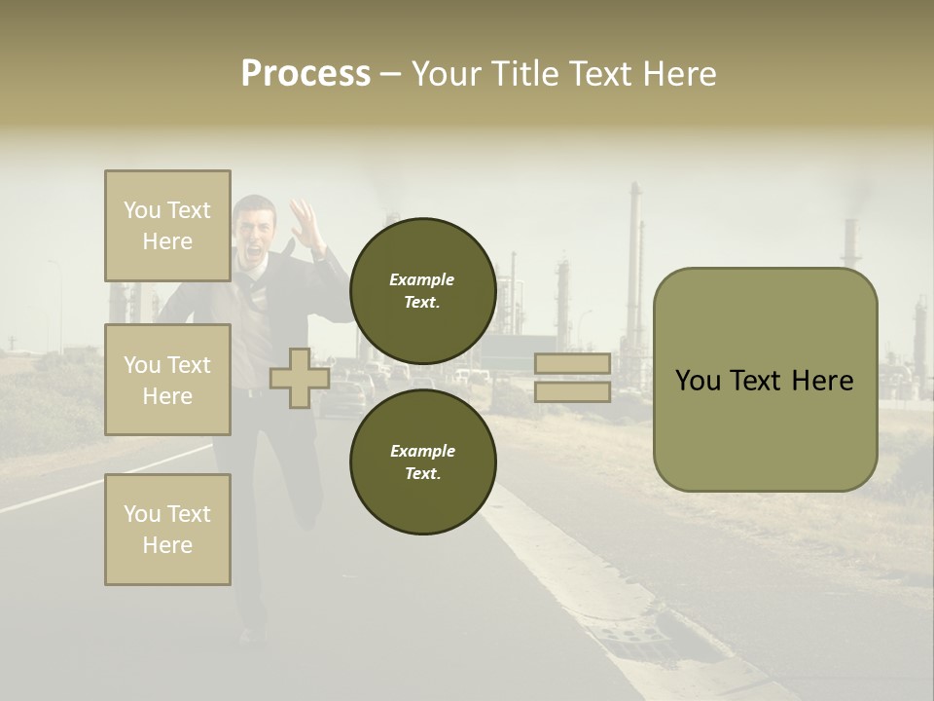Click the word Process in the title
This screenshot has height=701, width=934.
305,74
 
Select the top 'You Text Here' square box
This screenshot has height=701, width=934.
167,226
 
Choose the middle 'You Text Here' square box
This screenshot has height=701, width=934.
167,380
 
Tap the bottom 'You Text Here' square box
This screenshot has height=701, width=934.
167,530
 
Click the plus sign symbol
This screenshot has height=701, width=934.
299,379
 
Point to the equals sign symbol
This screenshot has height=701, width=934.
572,378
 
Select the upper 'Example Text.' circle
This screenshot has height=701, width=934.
422,290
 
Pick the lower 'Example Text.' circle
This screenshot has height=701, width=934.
422,462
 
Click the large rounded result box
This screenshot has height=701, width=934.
765,380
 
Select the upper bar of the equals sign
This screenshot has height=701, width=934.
572,364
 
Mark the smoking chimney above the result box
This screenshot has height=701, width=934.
850,240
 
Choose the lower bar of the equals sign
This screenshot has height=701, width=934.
572,392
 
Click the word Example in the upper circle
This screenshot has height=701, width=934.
422,279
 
